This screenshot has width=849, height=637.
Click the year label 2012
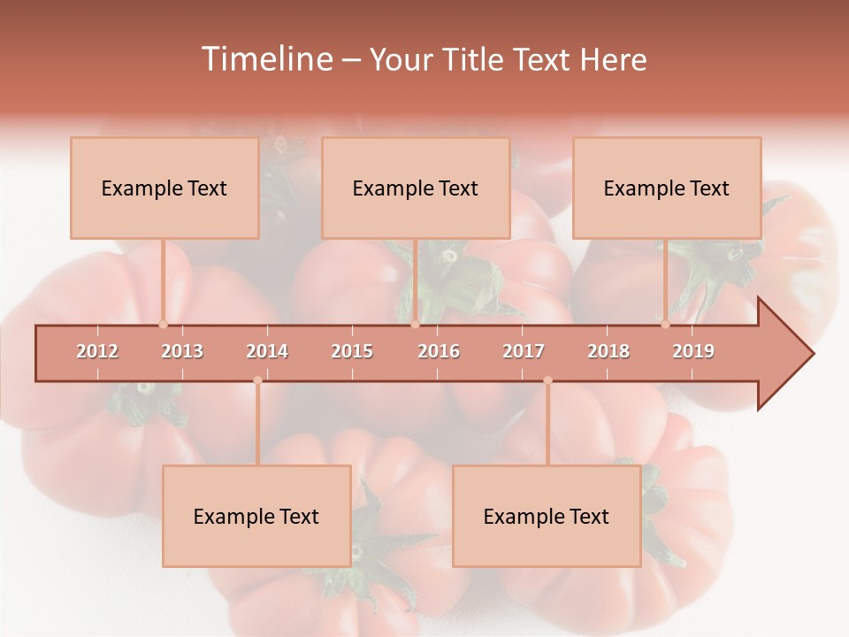pyautogui.click(x=97, y=351)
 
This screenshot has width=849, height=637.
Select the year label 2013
pyautogui.click(x=182, y=351)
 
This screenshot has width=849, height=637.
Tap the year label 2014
pyautogui.click(x=267, y=351)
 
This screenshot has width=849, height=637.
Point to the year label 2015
pyautogui.click(x=352, y=351)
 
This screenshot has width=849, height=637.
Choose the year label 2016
pyautogui.click(x=439, y=351)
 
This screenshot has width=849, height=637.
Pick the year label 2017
pyautogui.click(x=524, y=351)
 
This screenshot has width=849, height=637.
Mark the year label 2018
pyautogui.click(x=608, y=351)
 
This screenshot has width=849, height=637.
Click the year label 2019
pyautogui.click(x=693, y=351)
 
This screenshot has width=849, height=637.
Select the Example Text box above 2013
pyautogui.click(x=164, y=188)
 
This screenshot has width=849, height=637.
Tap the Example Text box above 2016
pyautogui.click(x=416, y=188)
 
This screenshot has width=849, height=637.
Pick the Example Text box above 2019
pyautogui.click(x=667, y=188)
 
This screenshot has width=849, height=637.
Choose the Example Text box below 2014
pyautogui.click(x=256, y=516)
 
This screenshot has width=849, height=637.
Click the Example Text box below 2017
pyautogui.click(x=547, y=516)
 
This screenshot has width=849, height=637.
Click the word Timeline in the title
pyautogui.click(x=265, y=59)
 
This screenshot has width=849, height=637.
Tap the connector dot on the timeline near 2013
pyautogui.click(x=163, y=325)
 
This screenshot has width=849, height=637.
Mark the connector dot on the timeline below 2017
pyautogui.click(x=547, y=380)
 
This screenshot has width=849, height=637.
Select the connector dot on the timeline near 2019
pyautogui.click(x=665, y=325)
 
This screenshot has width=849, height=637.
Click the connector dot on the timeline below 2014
pyautogui.click(x=257, y=380)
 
